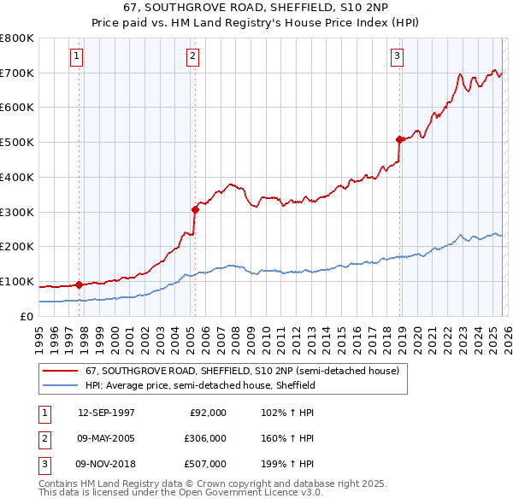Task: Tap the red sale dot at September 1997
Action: click(x=80, y=284)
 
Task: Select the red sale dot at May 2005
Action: click(x=195, y=209)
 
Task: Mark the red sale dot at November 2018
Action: click(x=399, y=139)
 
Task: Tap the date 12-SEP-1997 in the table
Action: click(x=106, y=413)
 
